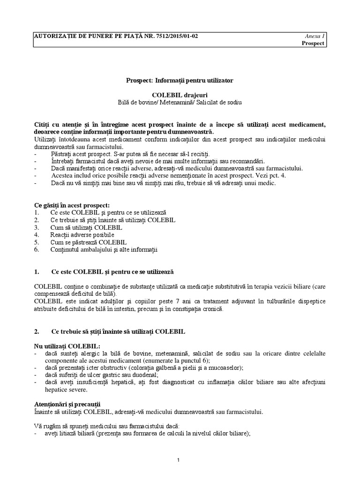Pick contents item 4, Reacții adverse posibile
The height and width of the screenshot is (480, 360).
click(x=82, y=234)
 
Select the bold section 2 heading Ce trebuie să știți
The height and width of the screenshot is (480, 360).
click(x=117, y=331)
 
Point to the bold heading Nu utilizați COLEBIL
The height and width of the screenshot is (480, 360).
click(x=67, y=345)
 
